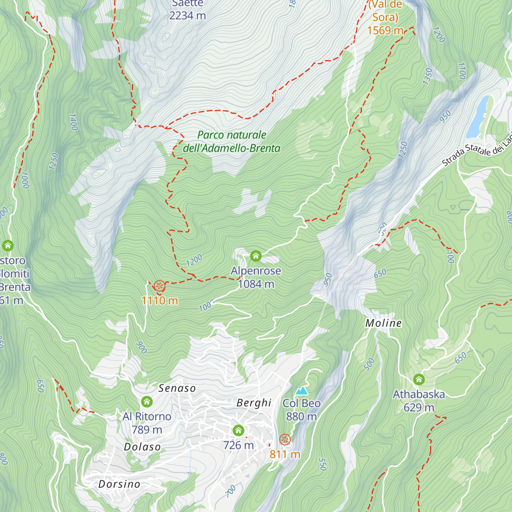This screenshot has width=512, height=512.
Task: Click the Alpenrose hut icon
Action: click(256, 256)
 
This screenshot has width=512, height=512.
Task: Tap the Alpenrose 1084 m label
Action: click(256, 277)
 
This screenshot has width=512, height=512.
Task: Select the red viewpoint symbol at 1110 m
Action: click(159, 286)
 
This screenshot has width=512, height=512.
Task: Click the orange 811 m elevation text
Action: click(285, 454)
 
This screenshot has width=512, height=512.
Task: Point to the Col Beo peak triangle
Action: click(302, 391)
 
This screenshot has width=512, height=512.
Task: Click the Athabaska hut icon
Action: click(419, 379)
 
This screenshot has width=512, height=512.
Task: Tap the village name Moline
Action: click(384, 323)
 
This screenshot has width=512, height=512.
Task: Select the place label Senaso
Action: click(177, 388)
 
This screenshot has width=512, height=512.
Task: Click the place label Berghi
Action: click(254, 403)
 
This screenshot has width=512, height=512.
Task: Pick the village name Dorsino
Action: click(119, 484)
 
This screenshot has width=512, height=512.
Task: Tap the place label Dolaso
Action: click(142, 447)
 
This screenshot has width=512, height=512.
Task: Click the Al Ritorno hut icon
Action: click(147, 401)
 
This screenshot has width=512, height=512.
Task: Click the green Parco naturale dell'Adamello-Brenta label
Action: click(232, 142)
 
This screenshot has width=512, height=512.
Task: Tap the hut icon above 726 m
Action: click(239, 430)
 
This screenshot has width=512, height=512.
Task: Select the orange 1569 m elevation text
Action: click(385, 30)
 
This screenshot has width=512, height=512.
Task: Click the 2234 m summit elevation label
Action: click(187, 15)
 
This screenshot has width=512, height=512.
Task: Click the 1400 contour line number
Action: click(73, 122)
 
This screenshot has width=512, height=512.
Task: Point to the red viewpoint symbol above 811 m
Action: click(285, 439)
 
